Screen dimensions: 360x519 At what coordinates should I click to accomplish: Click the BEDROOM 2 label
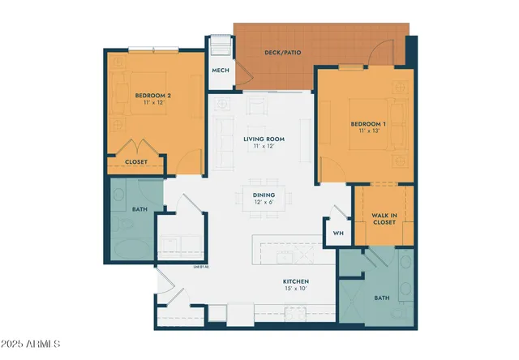pos(152,96)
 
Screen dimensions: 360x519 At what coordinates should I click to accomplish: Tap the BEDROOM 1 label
pos(367,124)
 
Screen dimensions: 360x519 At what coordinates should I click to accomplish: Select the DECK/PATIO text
pos(283,53)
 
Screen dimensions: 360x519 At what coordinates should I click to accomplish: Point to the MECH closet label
pos(220,71)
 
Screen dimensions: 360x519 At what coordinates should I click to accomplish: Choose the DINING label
pos(264,195)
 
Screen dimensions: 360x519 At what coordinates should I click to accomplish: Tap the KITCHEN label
pos(296,281)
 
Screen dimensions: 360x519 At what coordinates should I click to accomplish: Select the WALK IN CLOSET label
pos(384,218)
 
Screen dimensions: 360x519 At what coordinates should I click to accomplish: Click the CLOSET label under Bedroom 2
pos(136,162)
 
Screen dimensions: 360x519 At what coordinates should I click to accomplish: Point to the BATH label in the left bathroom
pos(139,210)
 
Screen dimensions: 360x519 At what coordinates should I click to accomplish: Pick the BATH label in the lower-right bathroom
pos(381,298)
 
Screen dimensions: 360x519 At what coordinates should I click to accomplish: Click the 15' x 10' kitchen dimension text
pos(296,289)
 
